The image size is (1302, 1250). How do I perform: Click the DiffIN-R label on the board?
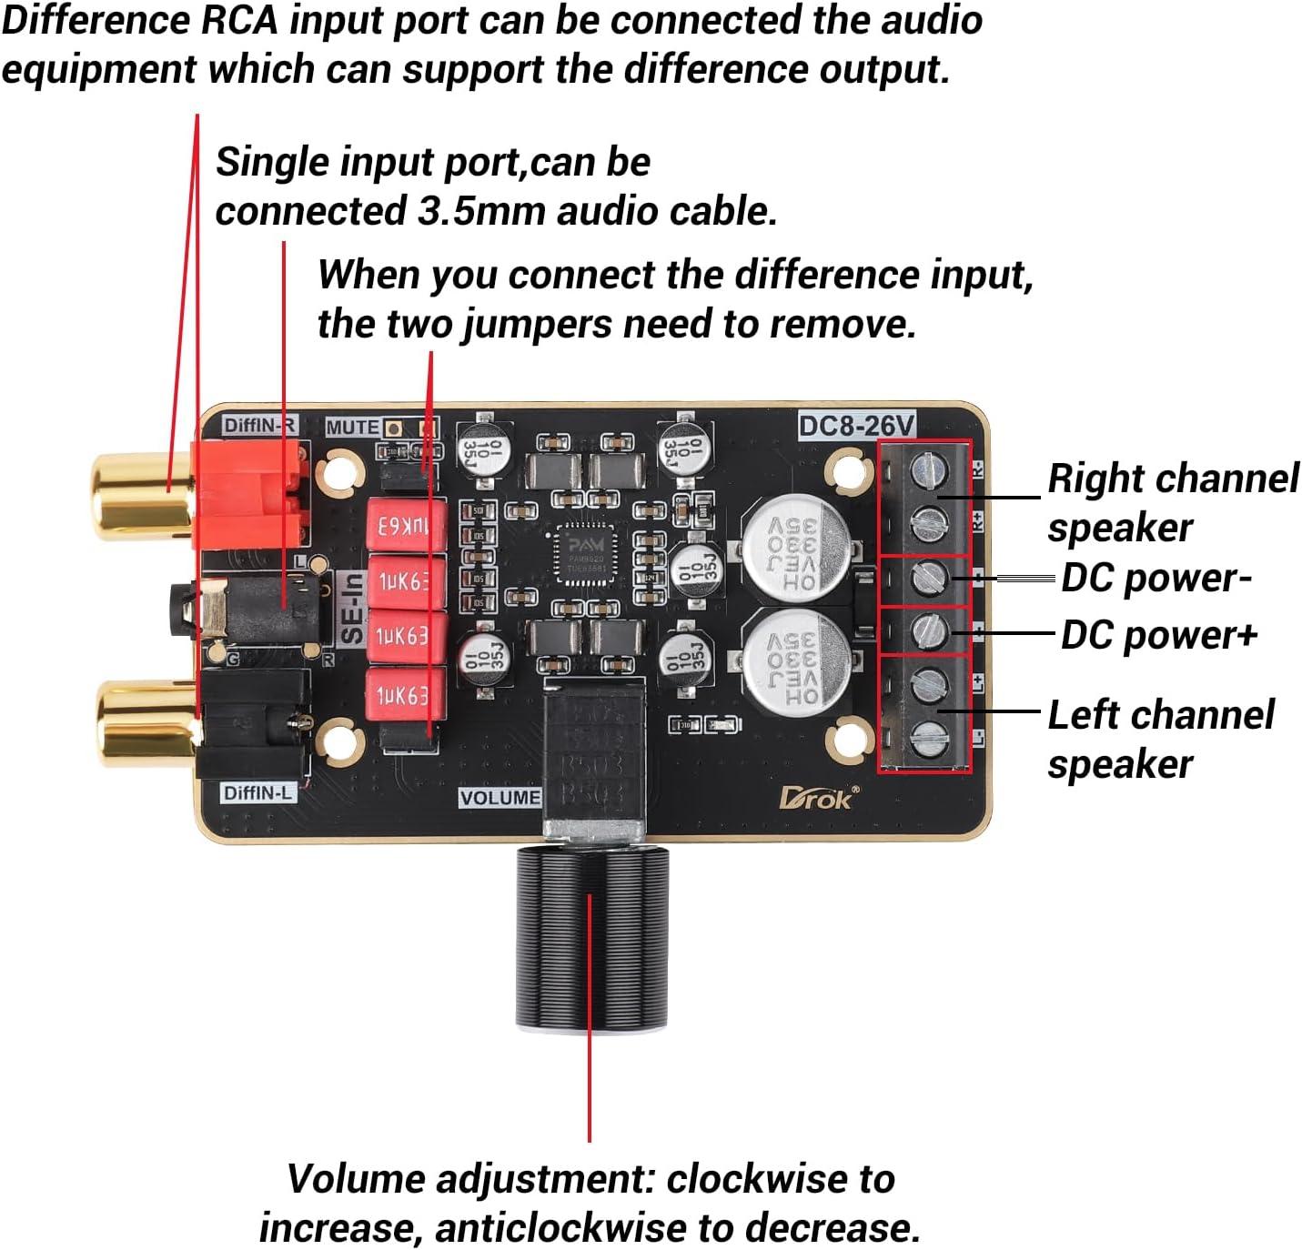259,425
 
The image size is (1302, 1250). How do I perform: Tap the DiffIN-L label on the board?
258,792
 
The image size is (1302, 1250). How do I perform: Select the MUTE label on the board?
352,427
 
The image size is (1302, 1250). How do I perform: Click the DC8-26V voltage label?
856,425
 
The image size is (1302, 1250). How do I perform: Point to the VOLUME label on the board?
500,798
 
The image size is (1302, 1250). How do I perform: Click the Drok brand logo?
816,797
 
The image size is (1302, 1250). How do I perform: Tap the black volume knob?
592,937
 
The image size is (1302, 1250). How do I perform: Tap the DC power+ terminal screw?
930,630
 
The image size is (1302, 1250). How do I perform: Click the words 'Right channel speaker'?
1172,502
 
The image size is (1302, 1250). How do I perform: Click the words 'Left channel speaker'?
1160,739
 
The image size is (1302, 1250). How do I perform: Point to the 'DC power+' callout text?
1158,635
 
